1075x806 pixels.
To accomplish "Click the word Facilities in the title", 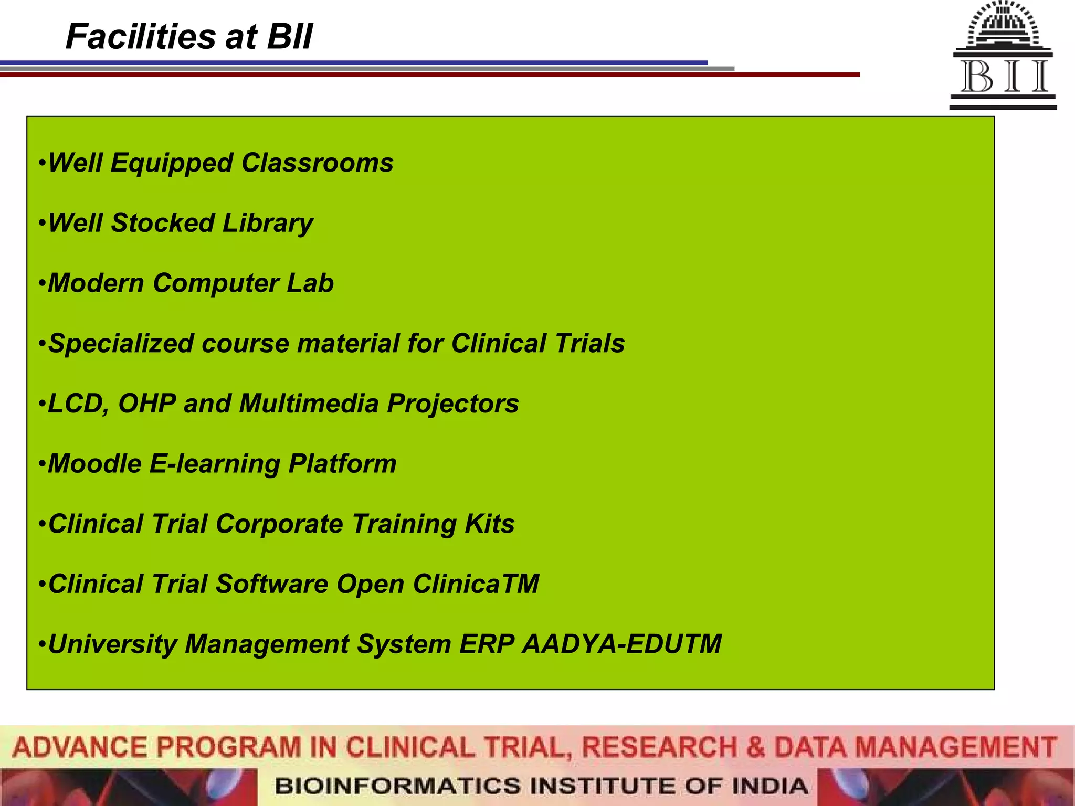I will pyautogui.click(x=141, y=37).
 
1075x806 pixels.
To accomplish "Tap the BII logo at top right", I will pyautogui.click(x=1003, y=55).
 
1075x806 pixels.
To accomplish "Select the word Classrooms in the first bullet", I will pyautogui.click(x=317, y=163).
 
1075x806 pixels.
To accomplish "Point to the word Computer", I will pyautogui.click(x=215, y=283).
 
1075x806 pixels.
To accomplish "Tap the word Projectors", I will pyautogui.click(x=452, y=404).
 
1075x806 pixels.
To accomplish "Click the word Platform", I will pyautogui.click(x=342, y=464).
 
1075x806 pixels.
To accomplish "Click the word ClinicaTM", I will pyautogui.click(x=476, y=584).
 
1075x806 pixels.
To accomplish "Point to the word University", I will pyautogui.click(x=112, y=644).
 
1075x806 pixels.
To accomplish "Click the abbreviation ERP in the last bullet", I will pyautogui.click(x=486, y=644).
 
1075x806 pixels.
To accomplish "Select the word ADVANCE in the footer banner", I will pyautogui.click(x=80, y=747).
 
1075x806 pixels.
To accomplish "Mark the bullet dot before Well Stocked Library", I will pyautogui.click(x=42, y=223).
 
